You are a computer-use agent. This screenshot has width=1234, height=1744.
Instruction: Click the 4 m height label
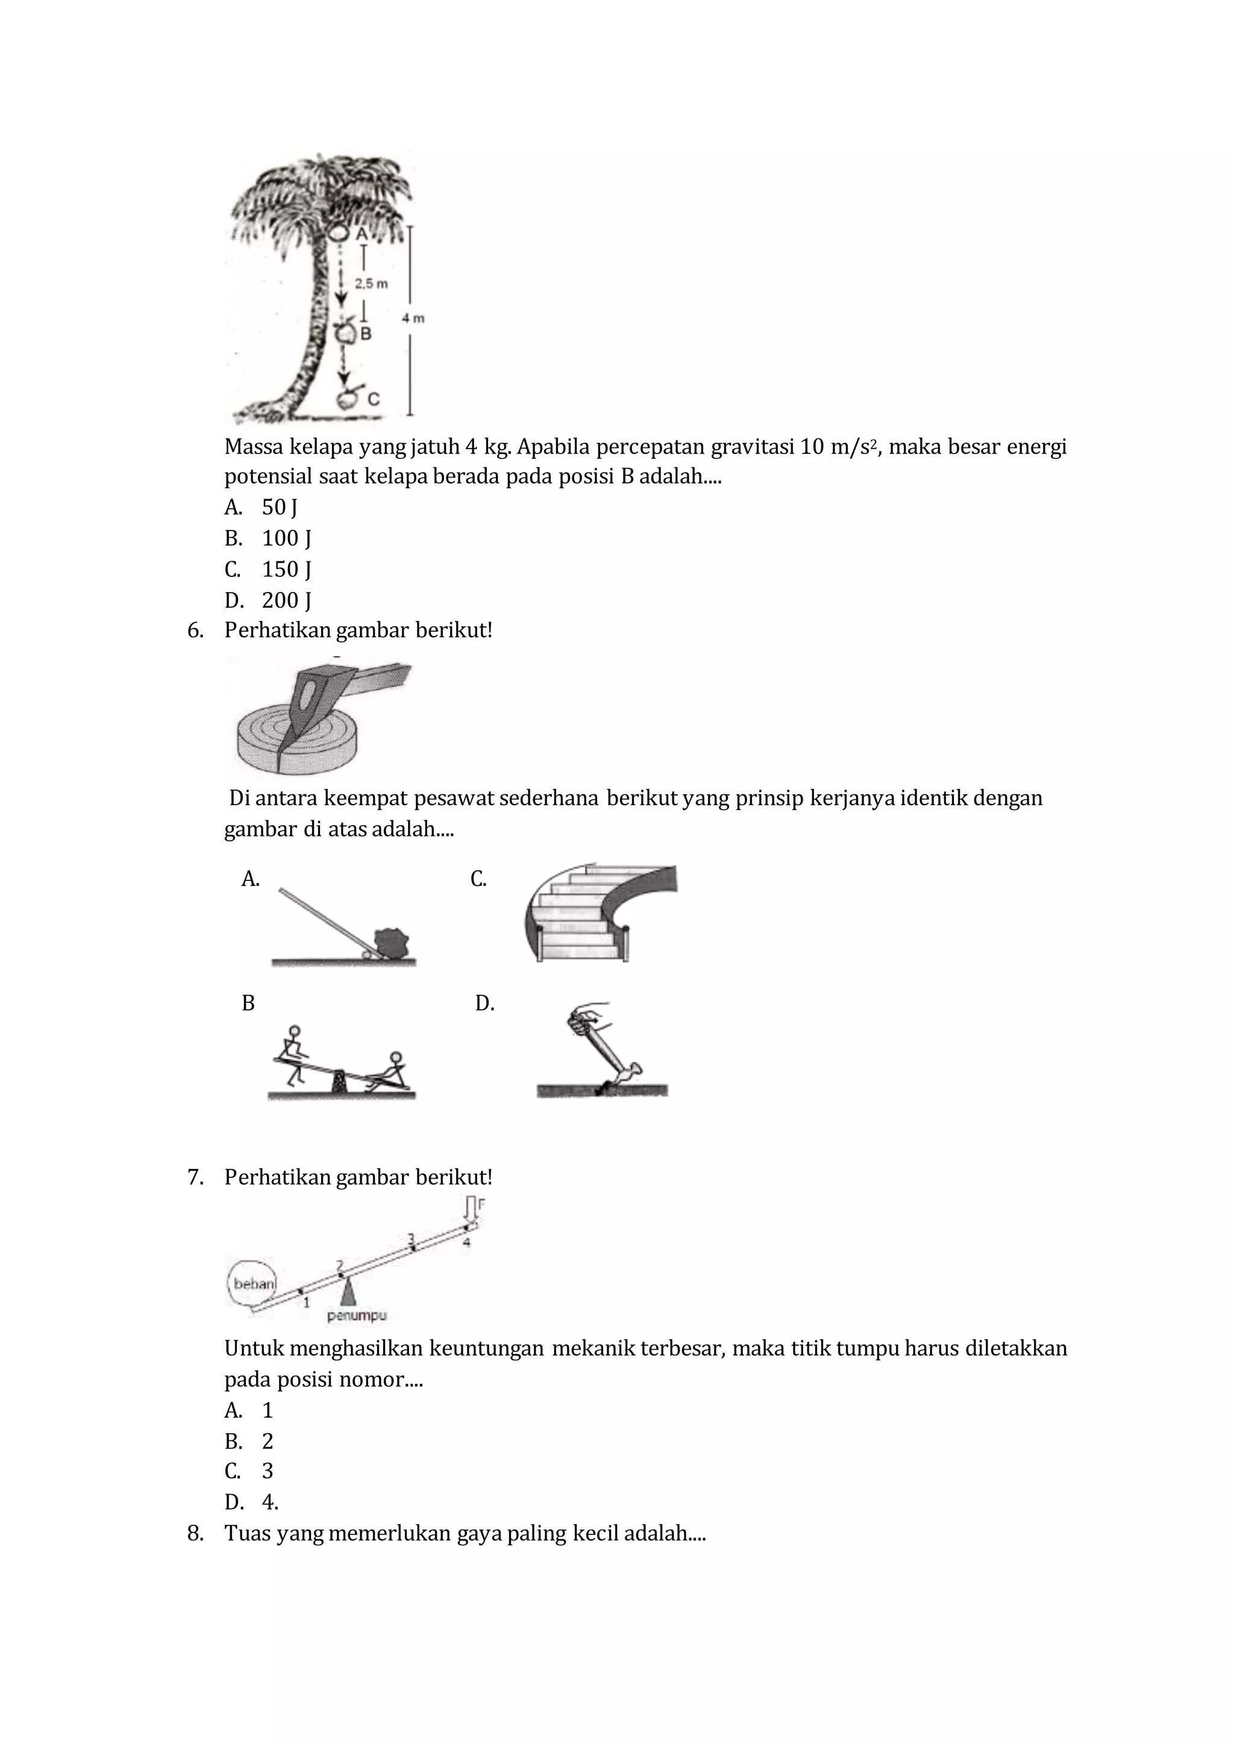[x=413, y=318]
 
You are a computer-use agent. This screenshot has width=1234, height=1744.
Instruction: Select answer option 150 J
[x=286, y=569]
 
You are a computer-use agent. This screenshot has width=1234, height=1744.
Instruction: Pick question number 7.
[x=195, y=1177]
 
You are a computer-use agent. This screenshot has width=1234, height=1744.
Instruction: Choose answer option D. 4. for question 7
[x=252, y=1502]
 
